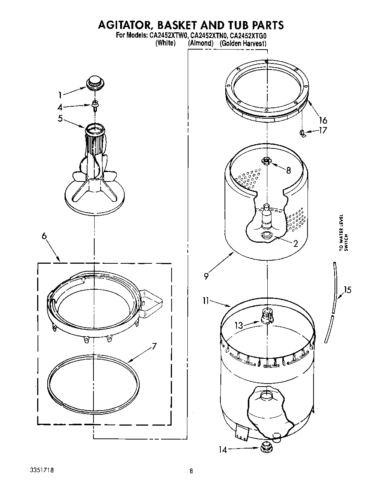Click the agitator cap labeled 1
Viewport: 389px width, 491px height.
95,82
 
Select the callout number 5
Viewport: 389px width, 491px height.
60,118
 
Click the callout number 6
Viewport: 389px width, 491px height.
44,236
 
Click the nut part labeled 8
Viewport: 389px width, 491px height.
266,161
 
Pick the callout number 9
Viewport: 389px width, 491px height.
206,276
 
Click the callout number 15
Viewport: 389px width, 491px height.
348,290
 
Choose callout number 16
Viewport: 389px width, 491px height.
323,120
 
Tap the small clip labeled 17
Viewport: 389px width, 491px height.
302,133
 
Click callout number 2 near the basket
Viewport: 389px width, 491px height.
295,243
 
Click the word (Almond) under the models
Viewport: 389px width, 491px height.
201,43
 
